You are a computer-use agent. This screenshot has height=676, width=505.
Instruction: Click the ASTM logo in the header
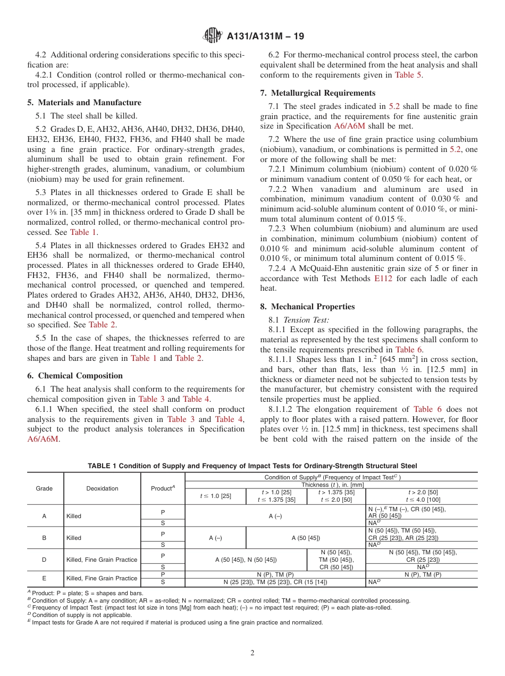[x=213, y=36]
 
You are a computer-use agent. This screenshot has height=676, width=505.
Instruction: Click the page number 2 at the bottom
[x=252, y=653]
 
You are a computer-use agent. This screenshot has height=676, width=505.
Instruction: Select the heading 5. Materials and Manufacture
[x=84, y=103]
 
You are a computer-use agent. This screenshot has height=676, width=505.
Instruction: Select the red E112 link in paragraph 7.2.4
[x=383, y=278]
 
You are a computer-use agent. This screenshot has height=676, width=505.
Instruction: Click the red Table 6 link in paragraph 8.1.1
[x=408, y=350]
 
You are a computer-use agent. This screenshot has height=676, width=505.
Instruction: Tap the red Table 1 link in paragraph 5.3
[x=83, y=232]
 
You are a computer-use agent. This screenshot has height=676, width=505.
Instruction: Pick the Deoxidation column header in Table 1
[x=102, y=488]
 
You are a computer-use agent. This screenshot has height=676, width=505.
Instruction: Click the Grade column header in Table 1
[x=44, y=488]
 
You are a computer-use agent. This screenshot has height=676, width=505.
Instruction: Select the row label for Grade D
[x=44, y=559]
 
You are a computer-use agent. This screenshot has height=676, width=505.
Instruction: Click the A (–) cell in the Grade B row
[x=215, y=537]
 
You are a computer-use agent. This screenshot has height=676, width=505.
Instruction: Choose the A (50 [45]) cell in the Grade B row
[x=306, y=537]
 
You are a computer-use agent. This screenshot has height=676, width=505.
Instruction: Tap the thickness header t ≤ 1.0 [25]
[x=215, y=495]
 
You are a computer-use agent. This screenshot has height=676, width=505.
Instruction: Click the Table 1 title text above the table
[x=252, y=466]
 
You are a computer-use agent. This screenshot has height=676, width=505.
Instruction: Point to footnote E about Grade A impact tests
[x=175, y=622]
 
